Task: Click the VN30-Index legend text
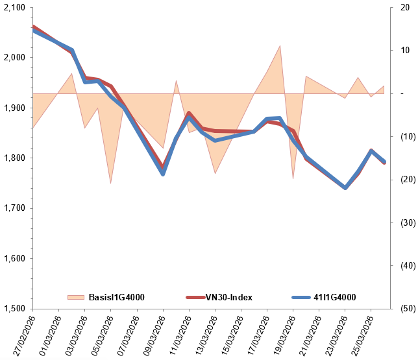pos(228,297)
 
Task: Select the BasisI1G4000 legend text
pos(116,297)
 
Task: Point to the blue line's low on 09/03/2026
pos(163,174)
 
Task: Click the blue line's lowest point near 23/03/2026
pos(345,187)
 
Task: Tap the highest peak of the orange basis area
pos(280,46)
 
